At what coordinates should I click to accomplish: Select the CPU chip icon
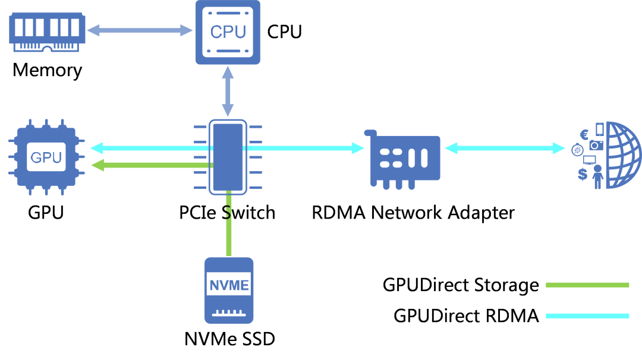point(228,32)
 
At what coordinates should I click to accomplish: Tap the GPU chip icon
point(45,157)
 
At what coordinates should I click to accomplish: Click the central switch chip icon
point(228,157)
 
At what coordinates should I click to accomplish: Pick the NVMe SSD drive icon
point(229,290)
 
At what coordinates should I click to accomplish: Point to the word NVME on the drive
point(229,285)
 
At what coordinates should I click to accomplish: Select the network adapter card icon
point(404,157)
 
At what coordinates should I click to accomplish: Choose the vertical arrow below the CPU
point(228,91)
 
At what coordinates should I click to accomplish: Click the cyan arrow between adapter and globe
point(505,148)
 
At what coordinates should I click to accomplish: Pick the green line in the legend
point(587,285)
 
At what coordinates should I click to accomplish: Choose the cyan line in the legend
point(587,316)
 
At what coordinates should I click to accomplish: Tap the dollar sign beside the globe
point(583,174)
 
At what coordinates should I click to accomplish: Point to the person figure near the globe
point(597,176)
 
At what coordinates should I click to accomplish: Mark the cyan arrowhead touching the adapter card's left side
point(358,148)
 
